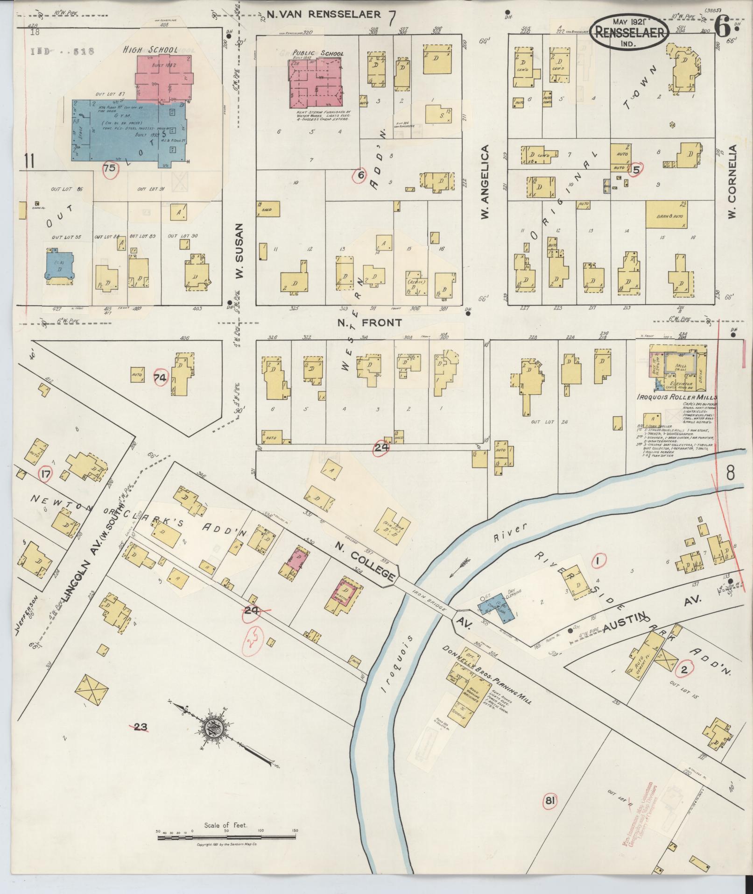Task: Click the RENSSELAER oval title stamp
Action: [630, 32]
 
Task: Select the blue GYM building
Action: [126, 130]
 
